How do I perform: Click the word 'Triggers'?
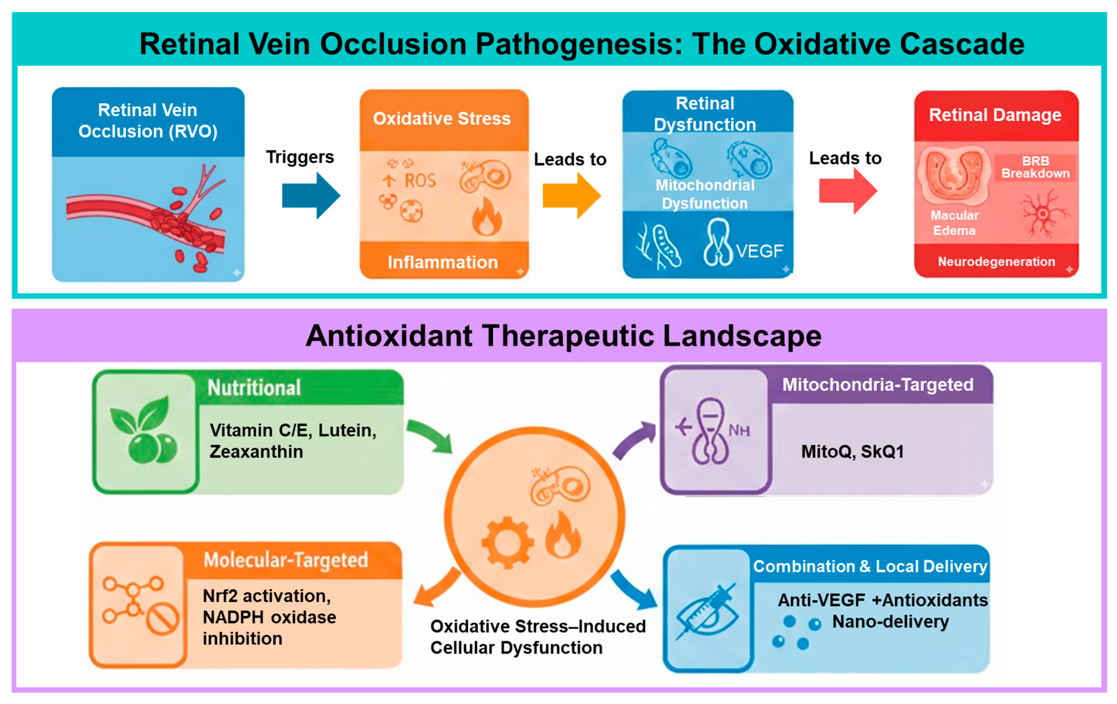tap(300, 157)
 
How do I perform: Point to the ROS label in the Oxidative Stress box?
tap(420, 181)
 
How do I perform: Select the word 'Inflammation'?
tap(443, 262)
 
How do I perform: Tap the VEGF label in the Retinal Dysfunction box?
tap(759, 251)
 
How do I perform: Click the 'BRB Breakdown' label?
tap(1035, 167)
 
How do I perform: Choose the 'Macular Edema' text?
tap(954, 223)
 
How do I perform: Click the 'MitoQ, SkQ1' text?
tap(853, 451)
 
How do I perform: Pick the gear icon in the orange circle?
tap(507, 543)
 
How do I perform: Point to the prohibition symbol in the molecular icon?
tap(162, 619)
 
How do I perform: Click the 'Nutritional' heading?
tap(254, 388)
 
